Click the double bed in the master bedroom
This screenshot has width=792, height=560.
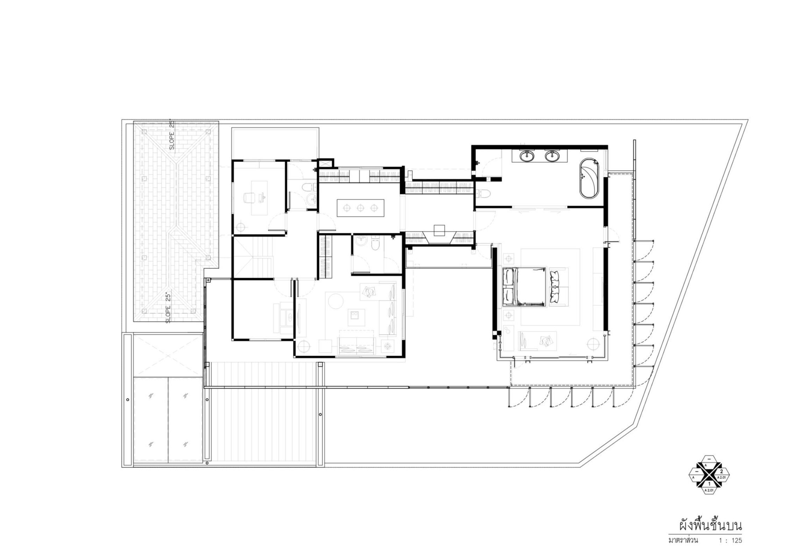coord(524,287)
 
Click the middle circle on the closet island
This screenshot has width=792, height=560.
coord(360,208)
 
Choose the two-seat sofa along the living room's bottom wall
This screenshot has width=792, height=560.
coord(356,345)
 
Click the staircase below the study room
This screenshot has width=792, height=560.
coord(252,258)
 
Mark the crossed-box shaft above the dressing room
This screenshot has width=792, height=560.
coord(325,163)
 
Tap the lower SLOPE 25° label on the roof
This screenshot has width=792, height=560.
coord(168,308)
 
